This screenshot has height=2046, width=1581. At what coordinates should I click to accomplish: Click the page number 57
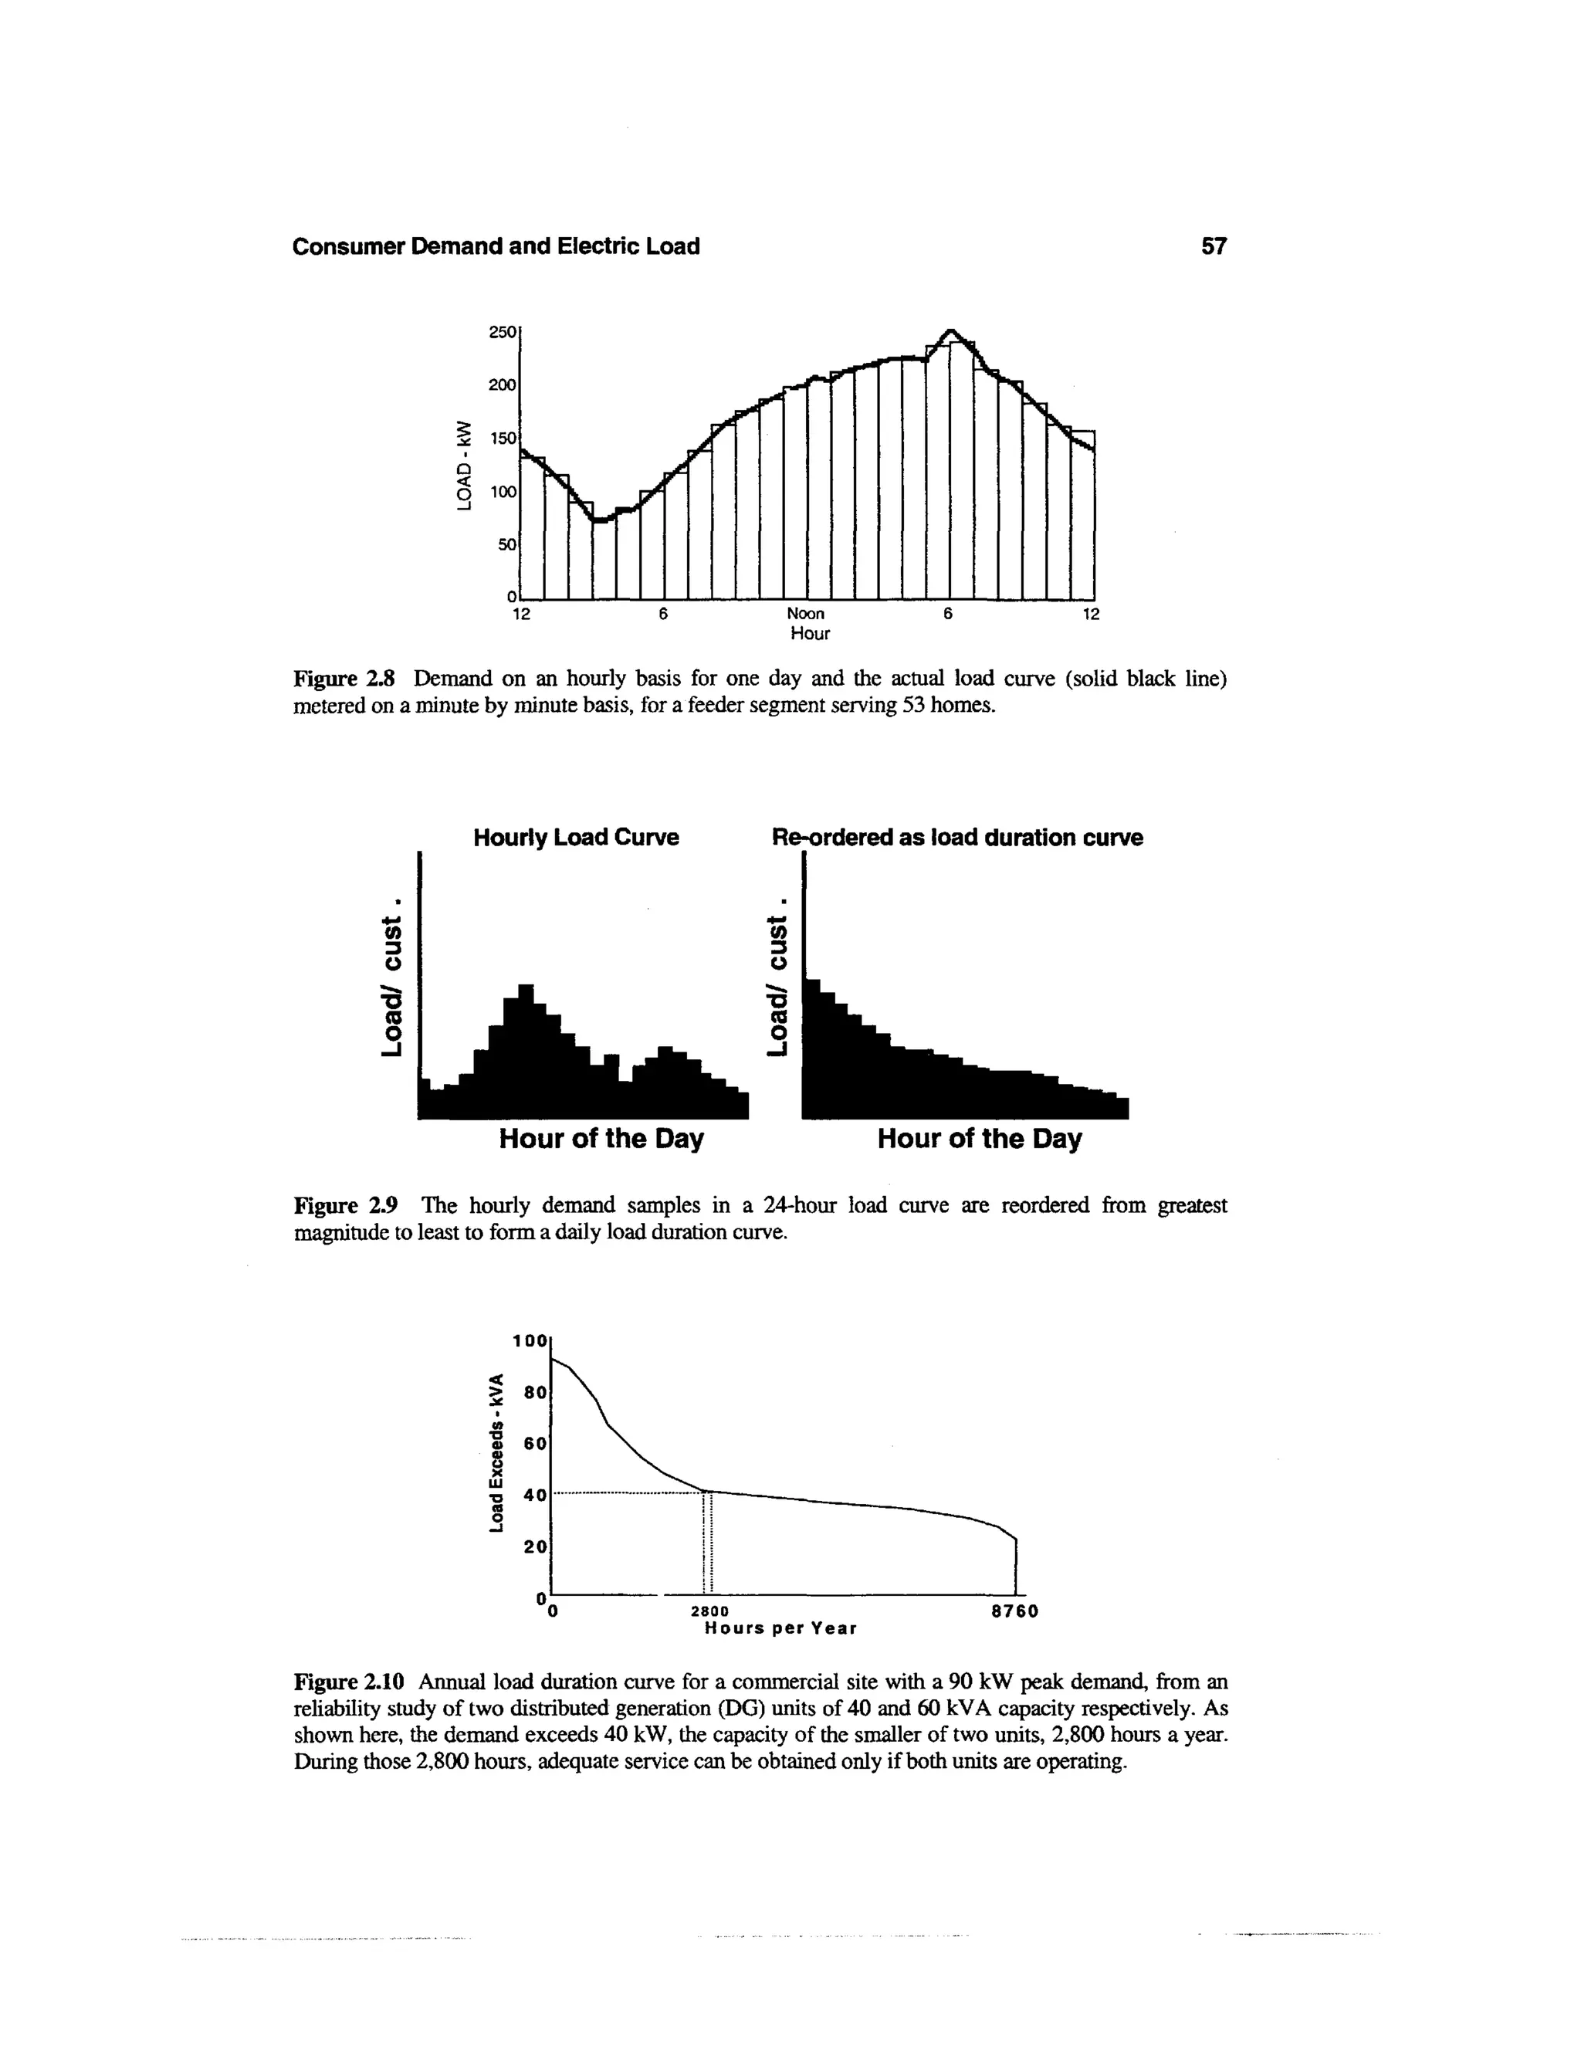coord(1213,246)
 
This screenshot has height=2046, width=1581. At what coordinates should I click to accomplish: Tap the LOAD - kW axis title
coord(461,465)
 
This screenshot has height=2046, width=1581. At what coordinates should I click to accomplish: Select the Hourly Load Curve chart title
coord(575,838)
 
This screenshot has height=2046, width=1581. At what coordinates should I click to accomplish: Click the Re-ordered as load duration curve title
coord(956,838)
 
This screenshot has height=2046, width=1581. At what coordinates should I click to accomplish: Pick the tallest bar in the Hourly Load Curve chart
coord(526,1049)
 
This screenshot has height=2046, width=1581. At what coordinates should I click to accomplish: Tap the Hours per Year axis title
coord(780,1629)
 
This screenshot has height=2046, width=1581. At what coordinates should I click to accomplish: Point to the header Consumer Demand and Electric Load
coord(496,246)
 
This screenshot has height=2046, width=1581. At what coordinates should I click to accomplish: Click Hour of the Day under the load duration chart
coord(978,1139)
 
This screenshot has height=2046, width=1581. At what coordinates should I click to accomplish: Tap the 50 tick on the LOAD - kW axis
coord(506,544)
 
